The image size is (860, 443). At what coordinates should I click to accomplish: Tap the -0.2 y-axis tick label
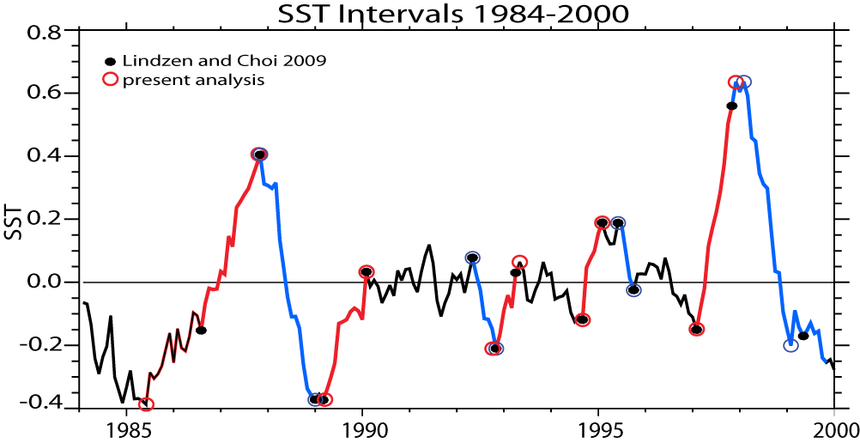(x=39, y=345)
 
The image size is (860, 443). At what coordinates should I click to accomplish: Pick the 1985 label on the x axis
(x=125, y=427)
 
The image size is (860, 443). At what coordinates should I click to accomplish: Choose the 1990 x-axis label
(x=362, y=427)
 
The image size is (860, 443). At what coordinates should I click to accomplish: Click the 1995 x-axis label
(x=599, y=427)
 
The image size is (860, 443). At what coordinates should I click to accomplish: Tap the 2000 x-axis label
(x=836, y=427)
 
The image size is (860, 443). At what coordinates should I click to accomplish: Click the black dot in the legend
(x=109, y=62)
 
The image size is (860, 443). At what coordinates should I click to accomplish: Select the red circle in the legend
(x=109, y=80)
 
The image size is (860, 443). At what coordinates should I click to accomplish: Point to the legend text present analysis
(x=192, y=80)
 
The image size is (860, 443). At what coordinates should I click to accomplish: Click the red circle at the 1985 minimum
(x=147, y=404)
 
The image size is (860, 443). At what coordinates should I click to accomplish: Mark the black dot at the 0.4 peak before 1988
(x=259, y=155)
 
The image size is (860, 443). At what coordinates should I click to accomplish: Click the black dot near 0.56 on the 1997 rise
(x=731, y=106)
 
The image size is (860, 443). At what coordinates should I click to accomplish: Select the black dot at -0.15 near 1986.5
(x=201, y=330)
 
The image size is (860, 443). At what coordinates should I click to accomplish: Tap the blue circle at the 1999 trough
(x=790, y=345)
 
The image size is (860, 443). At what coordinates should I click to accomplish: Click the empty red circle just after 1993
(x=520, y=262)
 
